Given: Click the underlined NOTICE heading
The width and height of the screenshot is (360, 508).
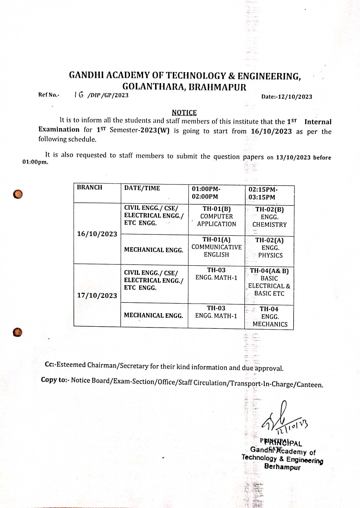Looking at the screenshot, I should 184,112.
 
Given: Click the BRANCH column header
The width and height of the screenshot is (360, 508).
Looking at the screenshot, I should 89,187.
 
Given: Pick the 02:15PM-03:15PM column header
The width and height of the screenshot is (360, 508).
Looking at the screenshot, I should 263,193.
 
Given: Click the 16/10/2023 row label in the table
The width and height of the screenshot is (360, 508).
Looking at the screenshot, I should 97,234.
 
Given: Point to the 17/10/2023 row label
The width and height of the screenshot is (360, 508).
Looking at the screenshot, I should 97,295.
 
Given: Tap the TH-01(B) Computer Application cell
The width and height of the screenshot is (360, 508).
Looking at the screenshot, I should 216,216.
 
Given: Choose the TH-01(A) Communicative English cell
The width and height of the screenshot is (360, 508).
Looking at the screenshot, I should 216,247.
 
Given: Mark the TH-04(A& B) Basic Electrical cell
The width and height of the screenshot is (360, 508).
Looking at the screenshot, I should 269,282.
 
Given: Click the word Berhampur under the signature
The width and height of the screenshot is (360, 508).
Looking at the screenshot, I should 282,467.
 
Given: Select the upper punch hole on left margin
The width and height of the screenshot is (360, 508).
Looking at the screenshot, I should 17,194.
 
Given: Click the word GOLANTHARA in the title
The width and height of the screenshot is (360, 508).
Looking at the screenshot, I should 151,87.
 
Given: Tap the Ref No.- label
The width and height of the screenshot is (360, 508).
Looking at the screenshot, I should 49,95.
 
